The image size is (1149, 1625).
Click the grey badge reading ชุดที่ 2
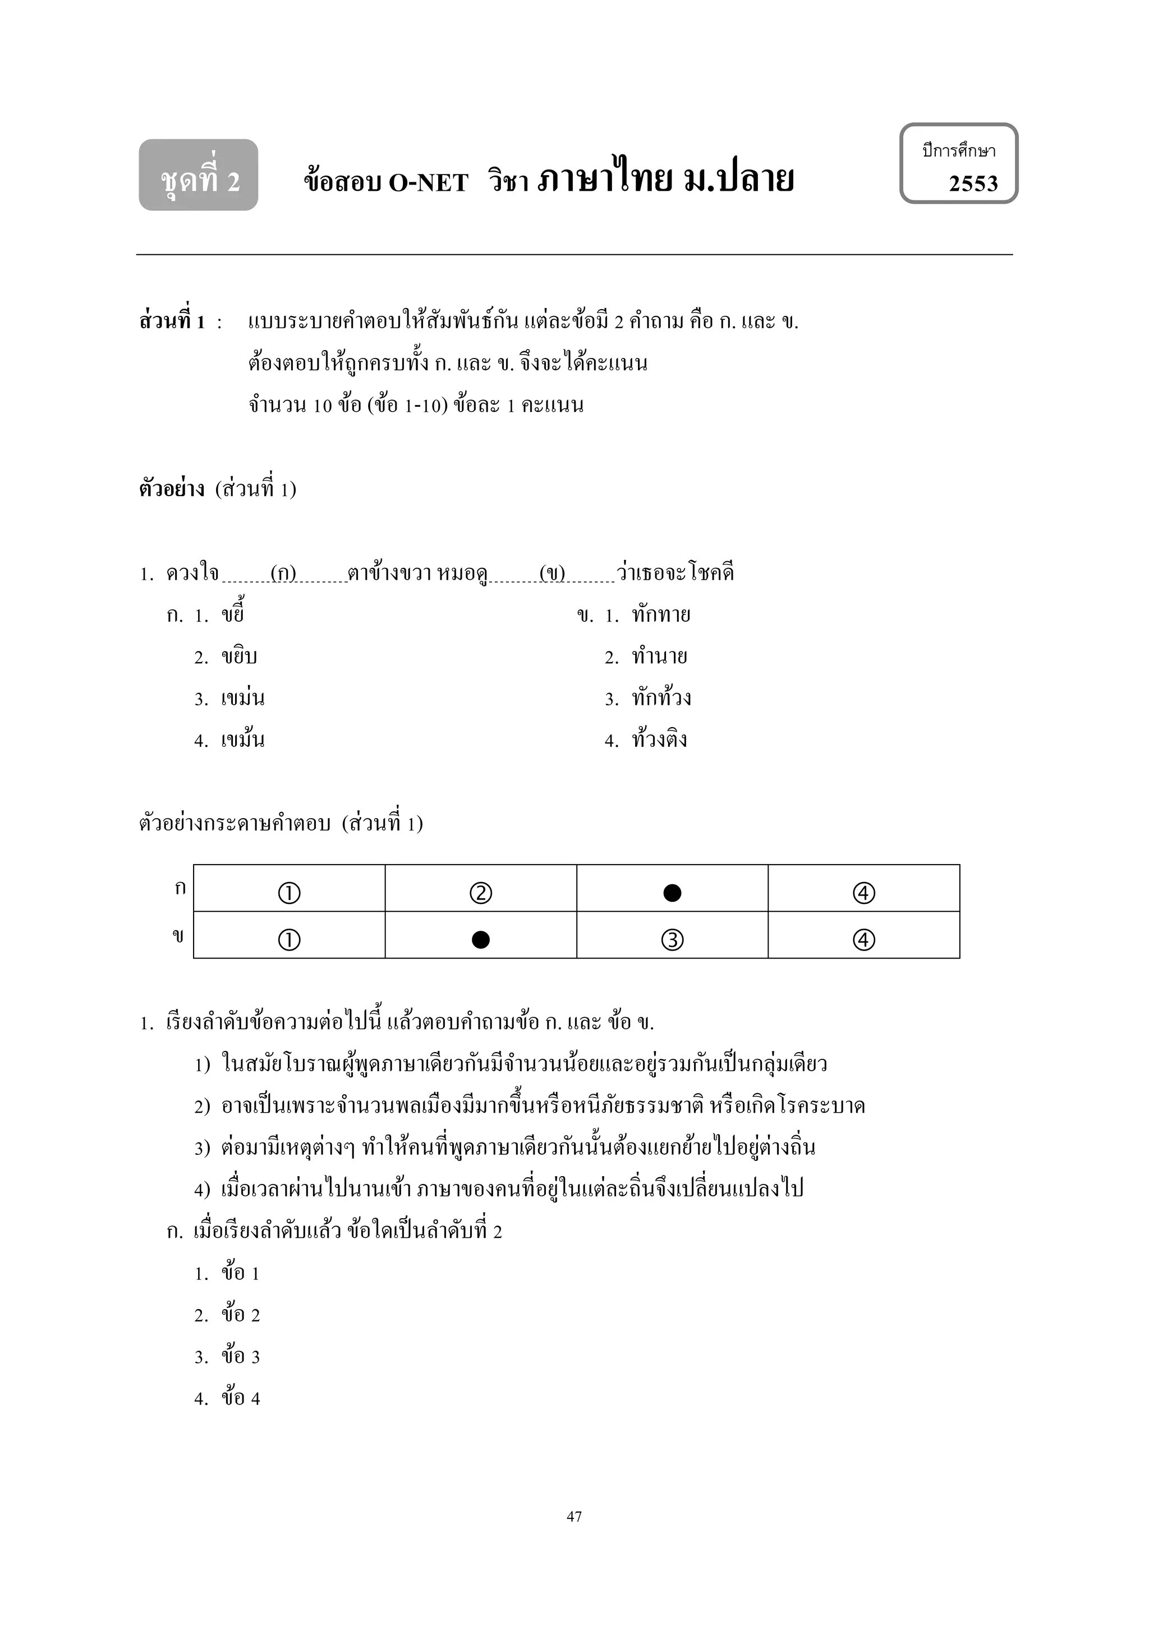199,176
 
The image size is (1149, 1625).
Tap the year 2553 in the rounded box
973,184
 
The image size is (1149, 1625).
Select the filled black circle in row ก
672,893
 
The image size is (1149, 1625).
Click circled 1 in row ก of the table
289,893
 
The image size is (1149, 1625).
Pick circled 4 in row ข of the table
864,940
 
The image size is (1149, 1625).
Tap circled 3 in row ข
672,940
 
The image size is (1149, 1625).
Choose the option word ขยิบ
239,658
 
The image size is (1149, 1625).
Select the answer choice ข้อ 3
241,1357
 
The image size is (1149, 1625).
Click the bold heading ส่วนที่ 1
172,322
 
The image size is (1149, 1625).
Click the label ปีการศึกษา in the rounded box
959,151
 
